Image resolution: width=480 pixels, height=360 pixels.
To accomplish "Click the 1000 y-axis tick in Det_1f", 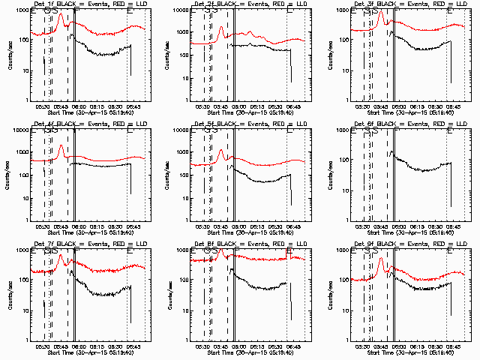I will (x=19, y=10).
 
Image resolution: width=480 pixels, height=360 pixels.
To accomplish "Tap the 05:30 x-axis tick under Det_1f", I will (x=43, y=105).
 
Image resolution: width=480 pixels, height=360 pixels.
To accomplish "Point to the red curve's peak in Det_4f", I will (x=60, y=146).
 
